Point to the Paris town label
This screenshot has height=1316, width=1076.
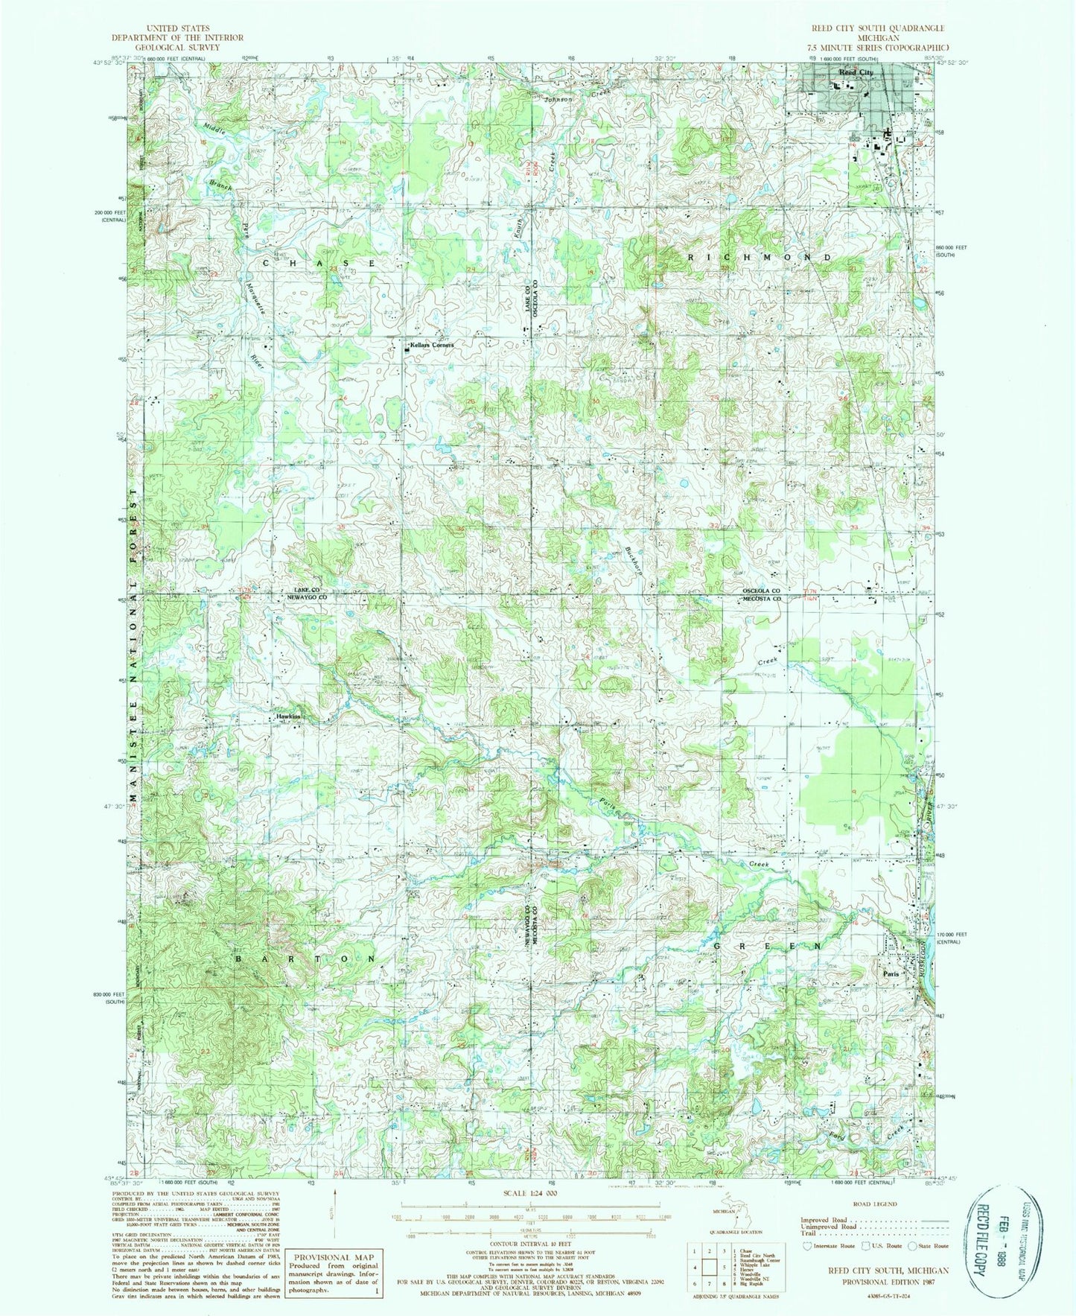pyautogui.click(x=891, y=973)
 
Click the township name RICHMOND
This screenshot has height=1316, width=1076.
pyautogui.click(x=758, y=257)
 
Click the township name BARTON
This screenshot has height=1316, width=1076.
pyautogui.click(x=305, y=960)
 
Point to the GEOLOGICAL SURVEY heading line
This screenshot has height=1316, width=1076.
pyautogui.click(x=167, y=46)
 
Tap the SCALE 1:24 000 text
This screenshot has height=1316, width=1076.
pyautogui.click(x=531, y=1193)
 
